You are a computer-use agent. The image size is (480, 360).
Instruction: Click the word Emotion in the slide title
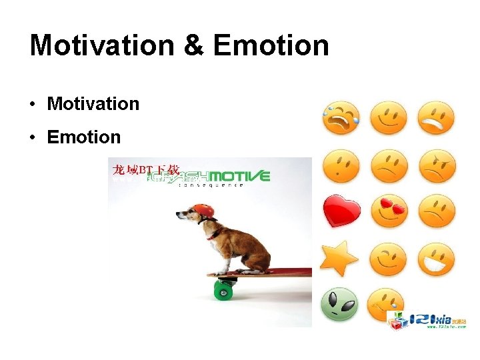coord(271,45)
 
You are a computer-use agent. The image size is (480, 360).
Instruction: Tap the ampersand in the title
coord(193,45)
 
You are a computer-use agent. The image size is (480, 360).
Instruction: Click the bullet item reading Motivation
coord(93,104)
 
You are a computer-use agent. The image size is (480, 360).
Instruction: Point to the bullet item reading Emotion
coord(84,137)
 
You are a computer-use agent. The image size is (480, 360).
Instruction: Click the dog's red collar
coord(215,233)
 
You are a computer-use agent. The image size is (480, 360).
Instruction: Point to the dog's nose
coord(178,215)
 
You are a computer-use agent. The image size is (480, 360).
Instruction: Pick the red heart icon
coord(341,211)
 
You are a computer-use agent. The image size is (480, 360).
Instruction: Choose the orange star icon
coord(339,259)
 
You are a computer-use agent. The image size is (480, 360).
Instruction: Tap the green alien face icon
coord(340,305)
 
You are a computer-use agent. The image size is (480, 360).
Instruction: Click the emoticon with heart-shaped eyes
coord(388,211)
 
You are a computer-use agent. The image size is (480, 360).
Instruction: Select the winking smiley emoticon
coord(388,259)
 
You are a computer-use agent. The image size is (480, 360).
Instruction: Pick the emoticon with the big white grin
coord(436,259)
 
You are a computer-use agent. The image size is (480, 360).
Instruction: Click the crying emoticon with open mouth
coord(341,119)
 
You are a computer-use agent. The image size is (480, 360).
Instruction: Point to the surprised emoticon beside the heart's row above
coord(341,165)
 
